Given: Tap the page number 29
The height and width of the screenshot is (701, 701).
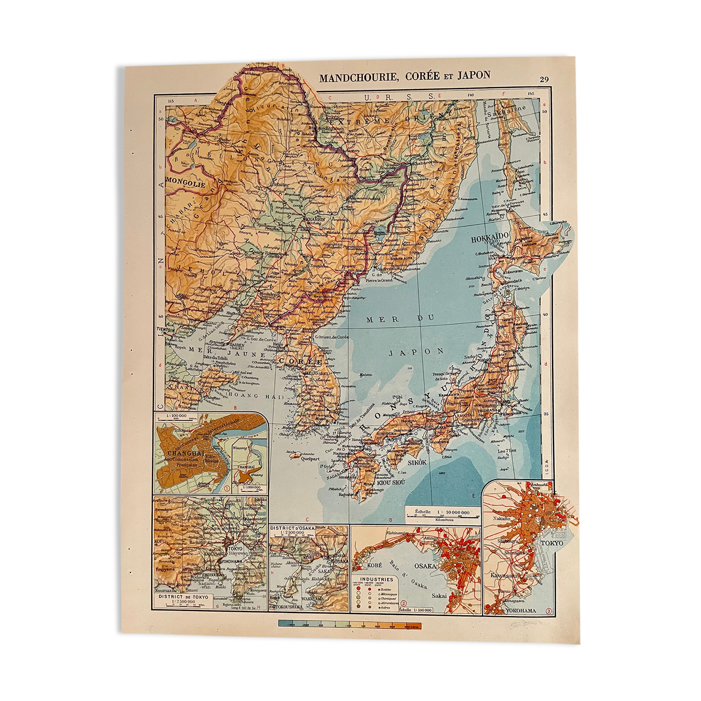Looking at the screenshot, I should click(544, 79).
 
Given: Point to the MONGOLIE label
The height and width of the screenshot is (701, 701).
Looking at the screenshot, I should click(186, 183).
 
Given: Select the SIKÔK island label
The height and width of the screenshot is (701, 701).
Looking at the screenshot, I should click(417, 462).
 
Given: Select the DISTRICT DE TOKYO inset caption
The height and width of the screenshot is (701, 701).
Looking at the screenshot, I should click(183, 597).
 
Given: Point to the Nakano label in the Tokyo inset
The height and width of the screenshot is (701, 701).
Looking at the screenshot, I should click(502, 519).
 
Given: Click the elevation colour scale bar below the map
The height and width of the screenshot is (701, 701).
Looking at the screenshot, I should click(349, 625).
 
